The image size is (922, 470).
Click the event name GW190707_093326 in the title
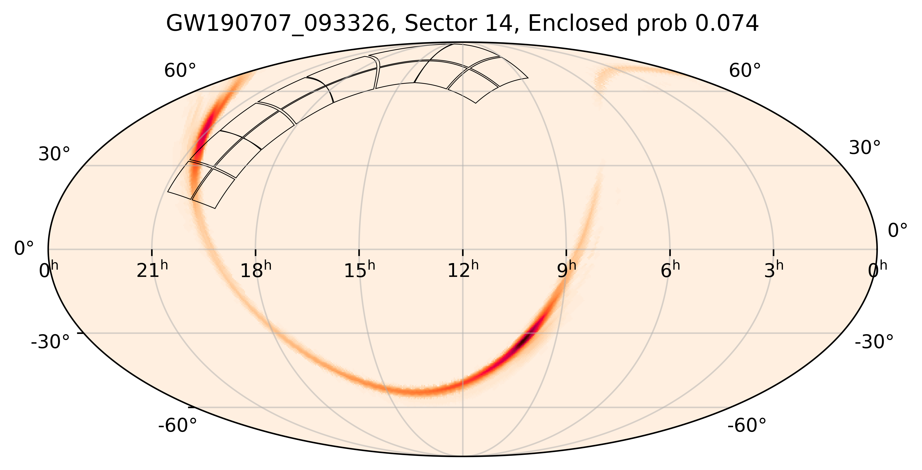coord(280,24)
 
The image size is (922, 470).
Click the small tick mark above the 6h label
coord(670,252)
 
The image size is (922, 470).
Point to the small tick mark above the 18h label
coord(255,252)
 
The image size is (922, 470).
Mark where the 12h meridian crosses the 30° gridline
coord(463,165)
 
